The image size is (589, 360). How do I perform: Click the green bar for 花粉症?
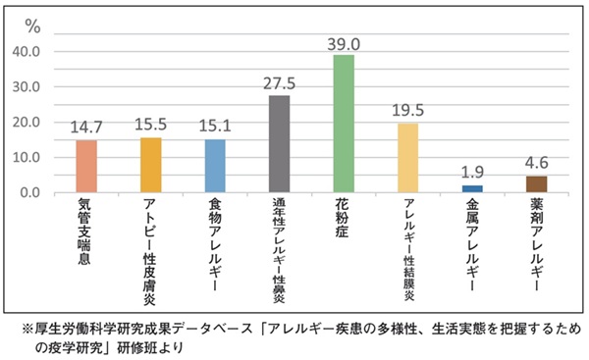[x=343, y=124]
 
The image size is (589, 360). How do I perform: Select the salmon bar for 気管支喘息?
[x=85, y=166]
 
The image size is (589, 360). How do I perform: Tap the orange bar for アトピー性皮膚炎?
[x=150, y=165]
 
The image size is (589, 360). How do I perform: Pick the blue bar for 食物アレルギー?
[x=214, y=166]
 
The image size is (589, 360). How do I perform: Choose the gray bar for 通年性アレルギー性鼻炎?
[x=279, y=144]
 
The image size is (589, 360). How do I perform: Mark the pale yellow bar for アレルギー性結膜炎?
[x=407, y=158]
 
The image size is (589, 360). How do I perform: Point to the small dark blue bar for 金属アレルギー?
[x=471, y=188]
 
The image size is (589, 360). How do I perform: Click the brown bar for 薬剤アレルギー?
[x=536, y=183]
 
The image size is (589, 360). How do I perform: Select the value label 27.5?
[x=279, y=82]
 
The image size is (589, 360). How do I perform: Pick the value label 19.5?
[x=407, y=110]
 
